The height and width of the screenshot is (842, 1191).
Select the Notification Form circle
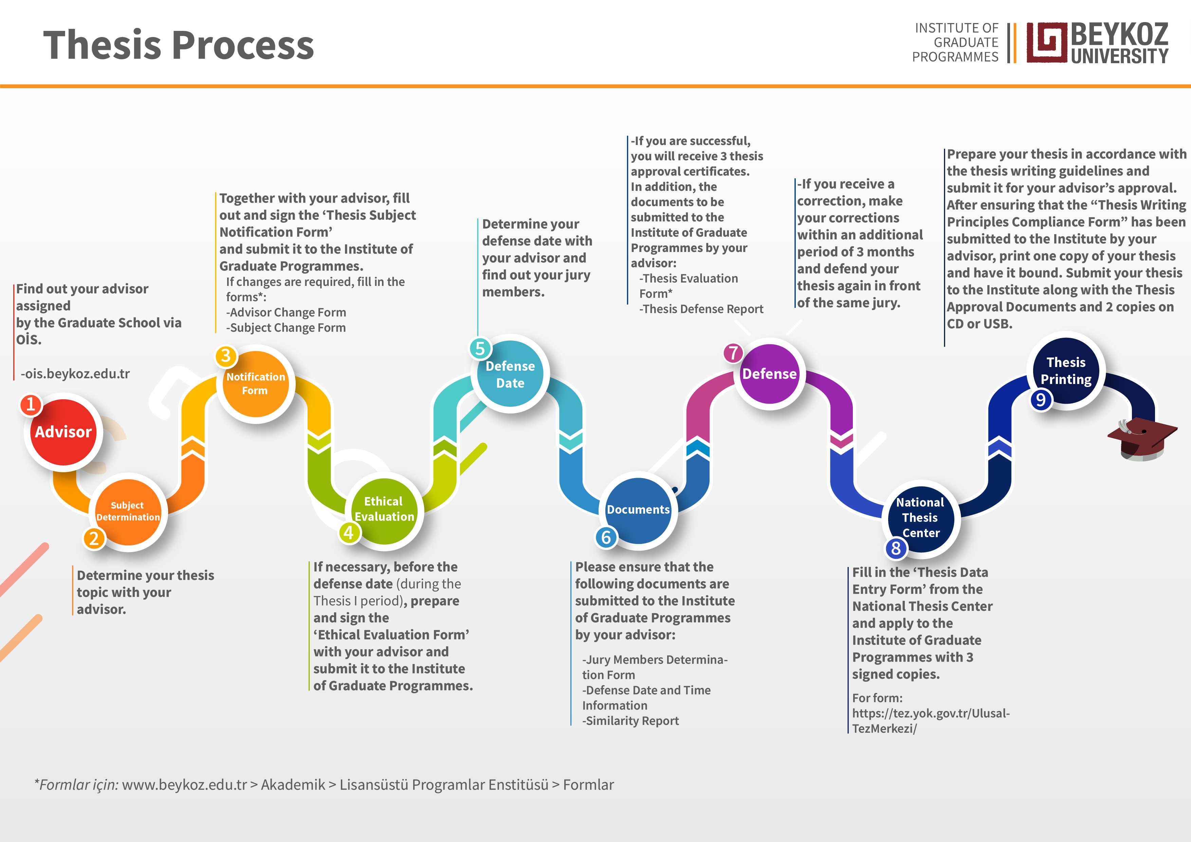coord(255,384)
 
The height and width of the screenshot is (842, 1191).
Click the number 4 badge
coord(349,532)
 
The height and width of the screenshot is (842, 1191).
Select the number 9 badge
coord(1041,400)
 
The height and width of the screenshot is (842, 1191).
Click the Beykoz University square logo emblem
coord(1047,42)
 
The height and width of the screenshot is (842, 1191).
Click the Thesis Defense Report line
coord(702,309)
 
